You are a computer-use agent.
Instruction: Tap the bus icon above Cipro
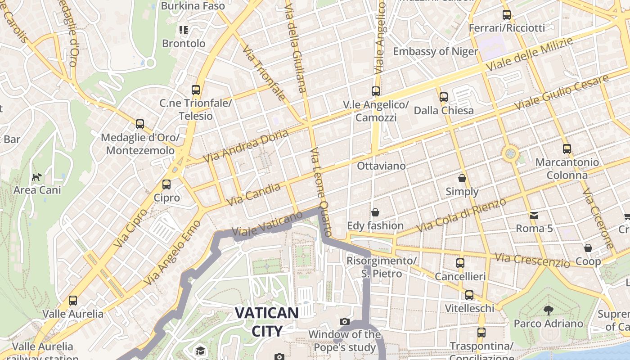point(166,184)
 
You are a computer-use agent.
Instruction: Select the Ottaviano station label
point(381,166)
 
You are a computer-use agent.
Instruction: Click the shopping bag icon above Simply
point(462,178)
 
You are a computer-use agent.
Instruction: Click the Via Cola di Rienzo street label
point(461,216)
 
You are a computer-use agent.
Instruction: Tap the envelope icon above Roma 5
point(534,215)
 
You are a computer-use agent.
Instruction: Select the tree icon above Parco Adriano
point(548,310)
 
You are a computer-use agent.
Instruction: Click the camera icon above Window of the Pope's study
point(345,321)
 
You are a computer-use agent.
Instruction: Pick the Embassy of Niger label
point(435,51)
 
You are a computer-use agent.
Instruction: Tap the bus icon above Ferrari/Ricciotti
point(507,15)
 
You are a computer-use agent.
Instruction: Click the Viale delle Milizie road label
point(530,54)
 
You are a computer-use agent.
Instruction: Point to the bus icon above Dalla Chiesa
point(444,97)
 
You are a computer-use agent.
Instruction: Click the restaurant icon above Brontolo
point(183,30)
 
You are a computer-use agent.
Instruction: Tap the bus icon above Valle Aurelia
point(73,300)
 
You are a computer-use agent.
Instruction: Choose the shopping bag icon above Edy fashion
point(375,212)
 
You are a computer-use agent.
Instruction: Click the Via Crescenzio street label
point(532,260)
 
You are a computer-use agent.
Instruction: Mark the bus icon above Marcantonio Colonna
point(567,148)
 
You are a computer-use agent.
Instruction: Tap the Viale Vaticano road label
point(267,224)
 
